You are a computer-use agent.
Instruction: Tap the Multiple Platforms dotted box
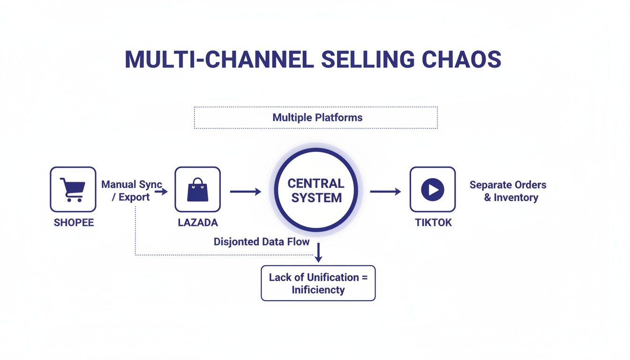click(x=315, y=117)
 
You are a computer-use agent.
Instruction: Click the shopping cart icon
click(x=73, y=189)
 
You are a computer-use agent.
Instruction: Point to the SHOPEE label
click(x=74, y=223)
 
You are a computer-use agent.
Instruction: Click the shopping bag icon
click(x=197, y=189)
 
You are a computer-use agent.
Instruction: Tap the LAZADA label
click(x=198, y=223)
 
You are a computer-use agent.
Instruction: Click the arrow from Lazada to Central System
click(x=245, y=191)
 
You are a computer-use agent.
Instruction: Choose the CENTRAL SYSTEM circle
click(x=316, y=190)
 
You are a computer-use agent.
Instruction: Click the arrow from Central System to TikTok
click(x=385, y=191)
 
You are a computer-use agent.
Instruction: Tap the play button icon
click(x=432, y=189)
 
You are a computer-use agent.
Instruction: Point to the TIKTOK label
click(x=433, y=223)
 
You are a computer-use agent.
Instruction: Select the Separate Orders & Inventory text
click(x=508, y=191)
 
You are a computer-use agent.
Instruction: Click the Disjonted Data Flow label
click(x=262, y=242)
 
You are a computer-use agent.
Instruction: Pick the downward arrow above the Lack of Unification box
click(x=318, y=253)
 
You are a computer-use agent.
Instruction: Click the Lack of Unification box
click(x=318, y=283)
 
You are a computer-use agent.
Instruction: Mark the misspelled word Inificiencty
click(x=318, y=290)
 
